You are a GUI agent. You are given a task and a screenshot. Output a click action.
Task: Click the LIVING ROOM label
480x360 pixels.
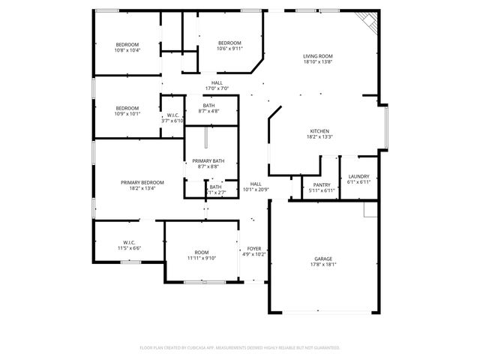(318, 56)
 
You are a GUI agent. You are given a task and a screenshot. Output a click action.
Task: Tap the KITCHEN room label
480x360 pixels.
(319, 131)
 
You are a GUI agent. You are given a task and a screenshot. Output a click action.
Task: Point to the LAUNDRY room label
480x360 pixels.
(358, 176)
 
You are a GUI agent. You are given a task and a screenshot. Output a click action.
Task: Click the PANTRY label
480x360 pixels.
(322, 185)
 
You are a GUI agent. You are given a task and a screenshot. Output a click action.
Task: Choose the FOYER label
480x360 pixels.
(254, 248)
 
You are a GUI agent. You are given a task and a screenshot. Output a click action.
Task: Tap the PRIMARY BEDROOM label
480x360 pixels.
(142, 182)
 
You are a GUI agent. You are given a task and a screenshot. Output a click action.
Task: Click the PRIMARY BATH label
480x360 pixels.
(208, 161)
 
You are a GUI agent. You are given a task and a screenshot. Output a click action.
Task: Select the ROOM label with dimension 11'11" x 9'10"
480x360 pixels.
(202, 252)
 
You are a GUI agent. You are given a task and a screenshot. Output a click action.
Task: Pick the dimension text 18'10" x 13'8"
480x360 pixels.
(318, 62)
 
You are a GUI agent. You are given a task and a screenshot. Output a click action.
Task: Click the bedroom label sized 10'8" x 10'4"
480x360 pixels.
(127, 44)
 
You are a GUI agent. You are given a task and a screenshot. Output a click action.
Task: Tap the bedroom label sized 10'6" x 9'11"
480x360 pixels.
(229, 43)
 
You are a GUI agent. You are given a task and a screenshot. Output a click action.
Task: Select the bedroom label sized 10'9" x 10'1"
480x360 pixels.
(127, 108)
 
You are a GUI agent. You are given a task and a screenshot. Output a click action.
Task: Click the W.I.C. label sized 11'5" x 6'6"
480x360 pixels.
(128, 242)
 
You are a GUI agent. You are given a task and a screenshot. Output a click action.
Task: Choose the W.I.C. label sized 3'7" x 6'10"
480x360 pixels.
(172, 115)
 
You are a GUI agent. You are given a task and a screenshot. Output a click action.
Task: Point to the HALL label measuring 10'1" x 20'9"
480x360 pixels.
(256, 184)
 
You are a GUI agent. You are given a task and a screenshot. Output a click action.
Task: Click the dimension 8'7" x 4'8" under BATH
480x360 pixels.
(208, 112)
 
